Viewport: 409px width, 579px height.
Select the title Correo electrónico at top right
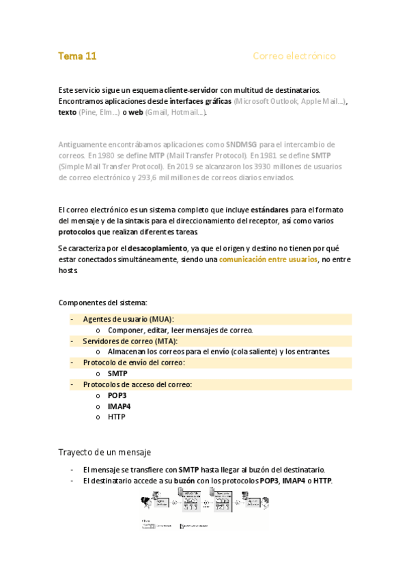click(294, 56)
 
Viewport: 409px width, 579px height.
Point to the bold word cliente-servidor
click(192, 90)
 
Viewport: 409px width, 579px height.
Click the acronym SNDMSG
click(242, 145)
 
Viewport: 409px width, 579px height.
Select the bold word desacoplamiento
click(158, 249)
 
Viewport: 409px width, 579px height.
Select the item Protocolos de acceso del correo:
click(137, 385)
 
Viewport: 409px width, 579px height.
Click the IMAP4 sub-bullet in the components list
click(119, 407)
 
